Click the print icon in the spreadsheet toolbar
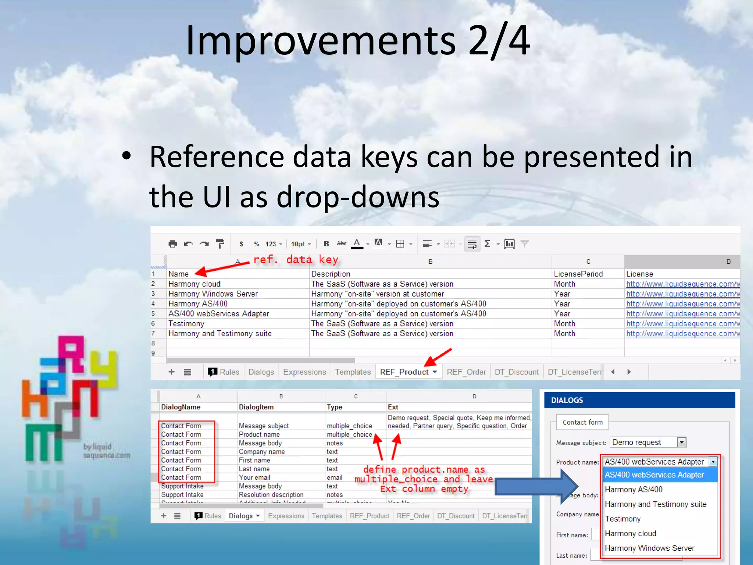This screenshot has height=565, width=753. coord(172,244)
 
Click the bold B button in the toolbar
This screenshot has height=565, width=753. coord(326,244)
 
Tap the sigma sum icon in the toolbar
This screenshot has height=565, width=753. coord(488,244)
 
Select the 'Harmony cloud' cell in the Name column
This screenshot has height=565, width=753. coord(195,284)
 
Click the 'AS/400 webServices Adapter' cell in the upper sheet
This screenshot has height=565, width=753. coord(219,314)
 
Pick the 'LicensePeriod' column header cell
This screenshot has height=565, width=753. coord(578,274)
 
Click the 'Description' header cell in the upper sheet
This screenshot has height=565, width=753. coord(331,274)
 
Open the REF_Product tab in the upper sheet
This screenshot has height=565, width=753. coord(404,372)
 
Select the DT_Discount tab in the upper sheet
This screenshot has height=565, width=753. coord(517,372)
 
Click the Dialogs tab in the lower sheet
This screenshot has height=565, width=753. coord(241,516)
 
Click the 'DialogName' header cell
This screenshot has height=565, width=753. coord(181,407)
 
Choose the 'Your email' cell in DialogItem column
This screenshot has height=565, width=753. coord(254,477)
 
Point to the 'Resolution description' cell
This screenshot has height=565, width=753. coord(271,495)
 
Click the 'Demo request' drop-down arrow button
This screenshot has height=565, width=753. coord(682,443)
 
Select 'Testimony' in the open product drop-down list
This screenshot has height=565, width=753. coord(623,519)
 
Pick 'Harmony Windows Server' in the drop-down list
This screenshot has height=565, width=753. coord(650,548)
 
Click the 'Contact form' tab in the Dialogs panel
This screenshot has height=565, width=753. coord(582,422)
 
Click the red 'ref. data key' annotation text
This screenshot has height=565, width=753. coord(296,260)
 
